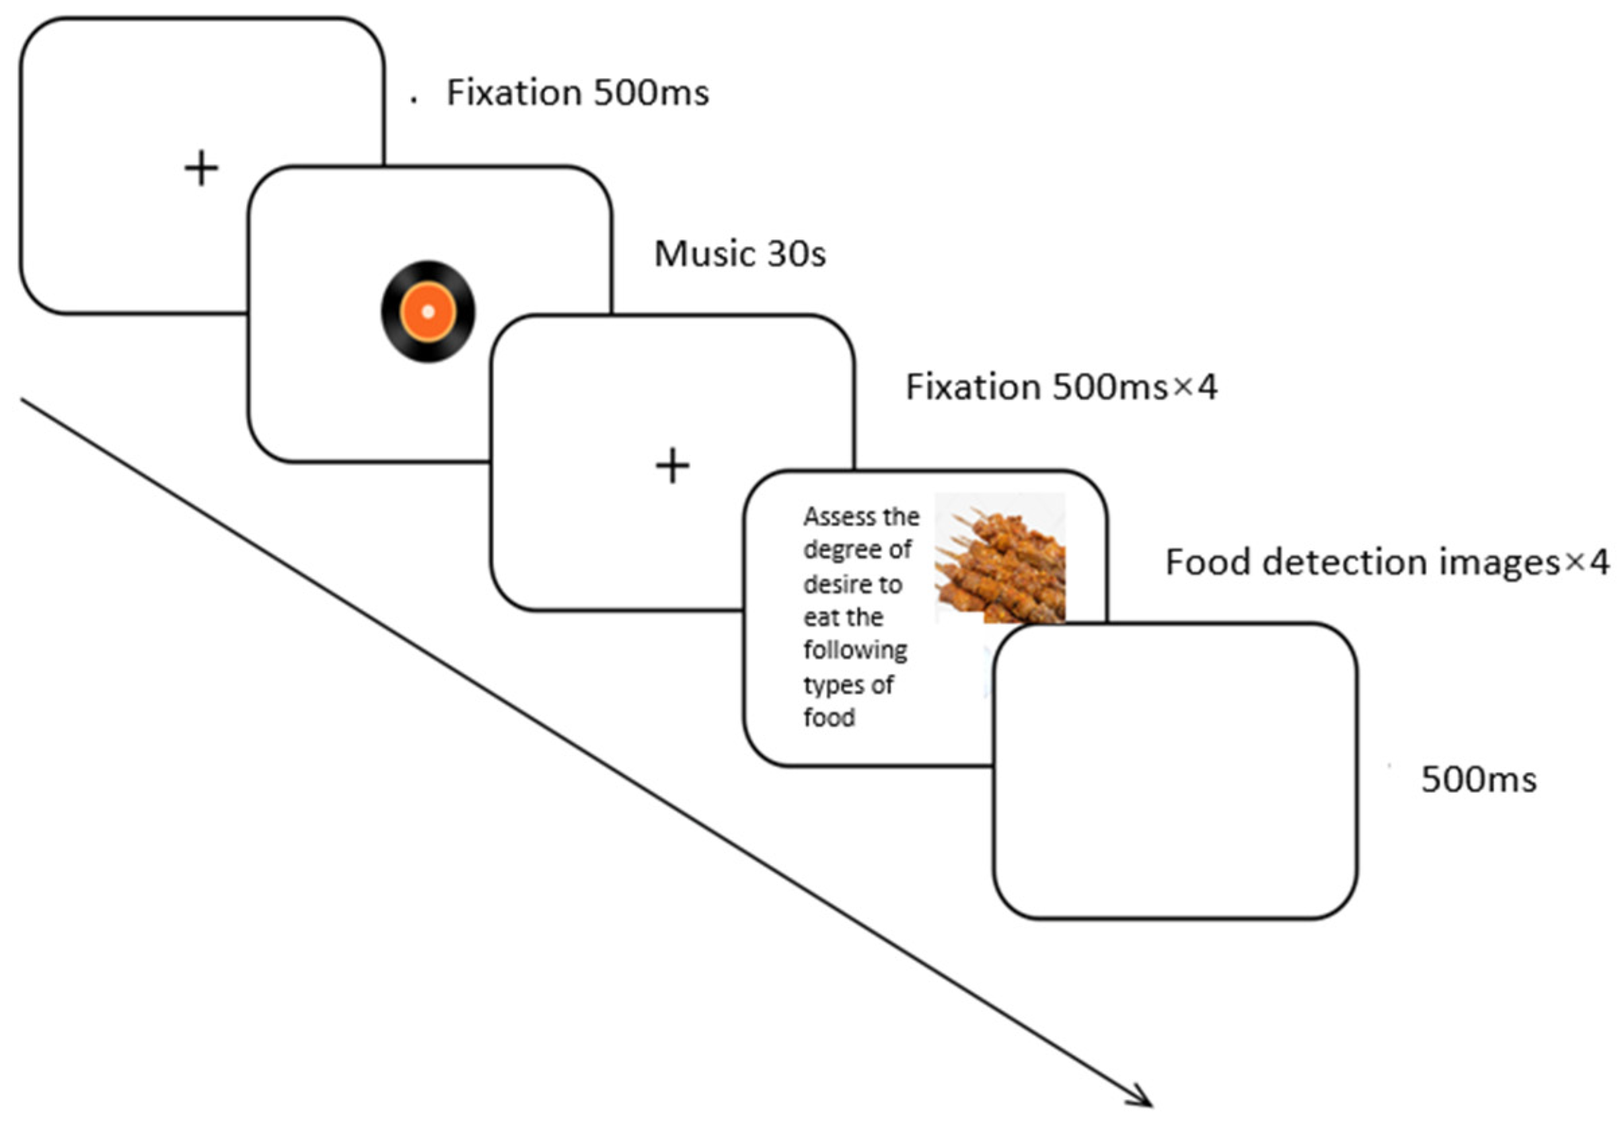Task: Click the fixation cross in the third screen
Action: coord(672,466)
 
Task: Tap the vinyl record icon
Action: coord(429,312)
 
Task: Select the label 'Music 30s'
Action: coord(739,254)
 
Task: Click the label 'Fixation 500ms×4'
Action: coord(1060,387)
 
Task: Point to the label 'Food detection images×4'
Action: coord(1387,562)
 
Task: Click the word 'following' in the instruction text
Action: coord(855,650)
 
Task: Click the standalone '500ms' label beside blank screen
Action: coord(1478,780)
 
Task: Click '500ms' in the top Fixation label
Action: coord(651,93)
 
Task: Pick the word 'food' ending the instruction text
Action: coord(829,718)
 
